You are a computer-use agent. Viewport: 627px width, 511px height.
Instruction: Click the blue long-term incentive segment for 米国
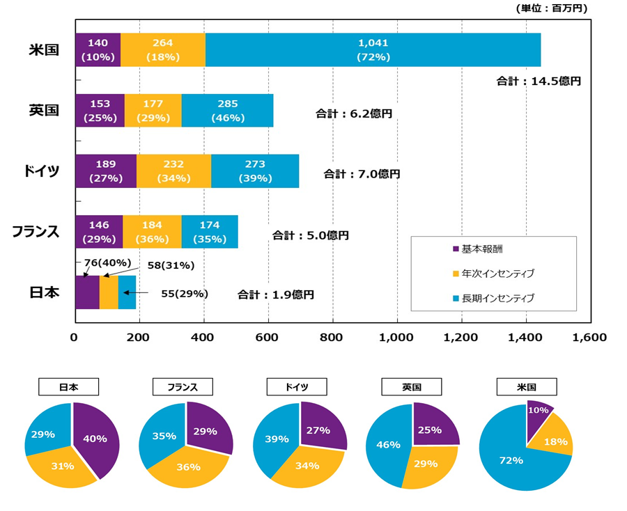click(373, 50)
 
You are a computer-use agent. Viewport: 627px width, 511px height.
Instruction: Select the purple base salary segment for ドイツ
click(105, 171)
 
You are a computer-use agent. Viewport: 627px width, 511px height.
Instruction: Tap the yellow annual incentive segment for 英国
click(153, 111)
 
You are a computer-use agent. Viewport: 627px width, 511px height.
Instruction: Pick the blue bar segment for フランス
click(209, 232)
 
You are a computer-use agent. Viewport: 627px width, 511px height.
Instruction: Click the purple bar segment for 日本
click(86, 292)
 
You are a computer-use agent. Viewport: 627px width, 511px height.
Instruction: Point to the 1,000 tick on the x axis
click(397, 338)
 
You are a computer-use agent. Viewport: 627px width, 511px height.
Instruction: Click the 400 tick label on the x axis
click(203, 338)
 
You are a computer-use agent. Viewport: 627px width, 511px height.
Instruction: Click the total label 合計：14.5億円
click(538, 81)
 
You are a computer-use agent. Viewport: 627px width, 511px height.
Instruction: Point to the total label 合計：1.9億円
click(275, 294)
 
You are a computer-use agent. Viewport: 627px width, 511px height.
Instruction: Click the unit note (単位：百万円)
click(551, 8)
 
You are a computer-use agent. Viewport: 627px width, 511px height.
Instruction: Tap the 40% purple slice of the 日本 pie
click(96, 439)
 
